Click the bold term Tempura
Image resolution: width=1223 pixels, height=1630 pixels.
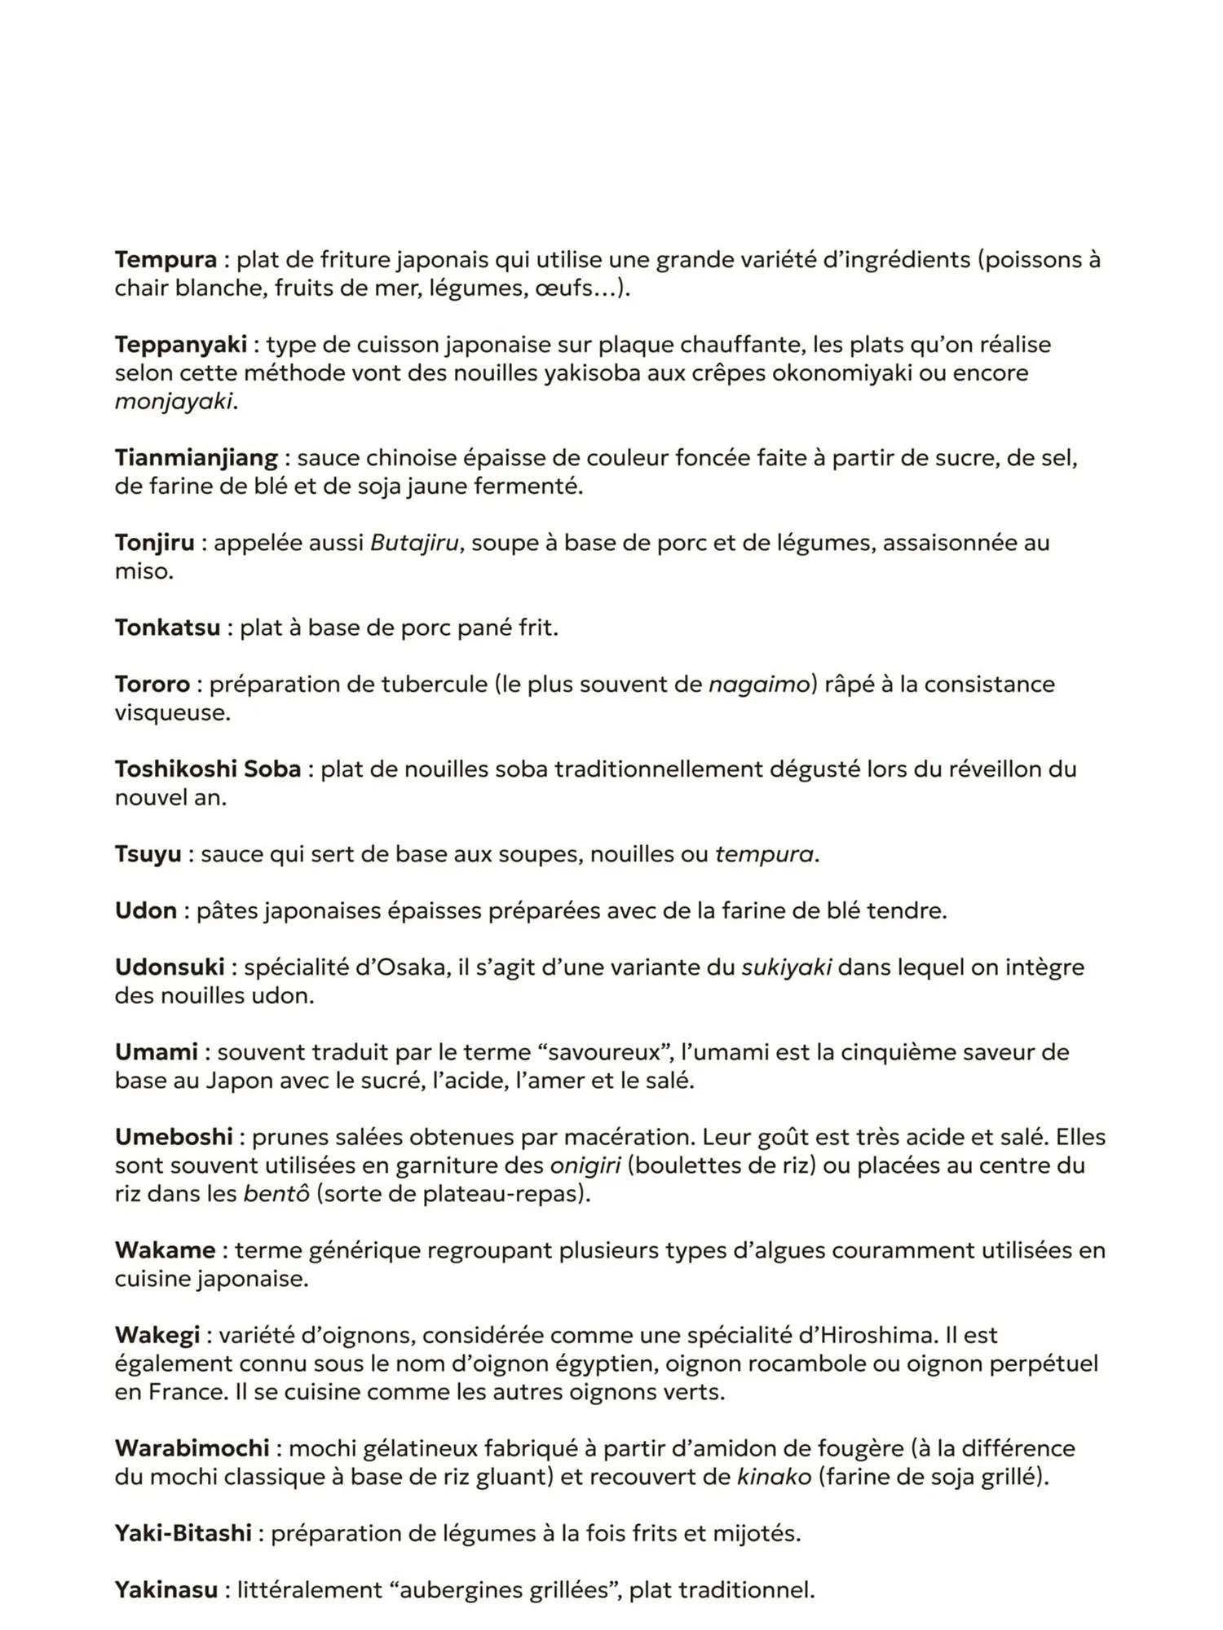[166, 260]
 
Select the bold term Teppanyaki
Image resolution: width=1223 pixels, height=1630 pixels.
[180, 345]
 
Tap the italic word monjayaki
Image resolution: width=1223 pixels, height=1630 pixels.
[174, 402]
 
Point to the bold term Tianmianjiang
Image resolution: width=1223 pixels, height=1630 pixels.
[196, 458]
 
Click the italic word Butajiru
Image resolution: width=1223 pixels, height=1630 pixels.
[414, 543]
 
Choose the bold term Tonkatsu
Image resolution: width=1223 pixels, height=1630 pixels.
[167, 628]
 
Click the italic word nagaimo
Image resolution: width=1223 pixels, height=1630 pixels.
[757, 685]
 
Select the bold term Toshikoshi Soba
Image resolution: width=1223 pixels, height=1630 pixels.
[208, 769]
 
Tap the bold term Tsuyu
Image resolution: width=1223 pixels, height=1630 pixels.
[148, 855]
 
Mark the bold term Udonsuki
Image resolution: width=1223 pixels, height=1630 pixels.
[169, 968]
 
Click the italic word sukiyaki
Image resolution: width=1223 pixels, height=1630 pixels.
[786, 968]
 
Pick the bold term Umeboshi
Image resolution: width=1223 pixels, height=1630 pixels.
[174, 1138]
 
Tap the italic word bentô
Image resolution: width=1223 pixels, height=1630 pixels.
[276, 1195]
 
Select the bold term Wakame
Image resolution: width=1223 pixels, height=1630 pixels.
[165, 1251]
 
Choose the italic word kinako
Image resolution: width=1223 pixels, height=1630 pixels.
[774, 1478]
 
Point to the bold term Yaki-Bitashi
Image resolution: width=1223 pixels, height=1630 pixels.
[183, 1534]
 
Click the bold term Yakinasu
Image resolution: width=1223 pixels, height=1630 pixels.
[166, 1590]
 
